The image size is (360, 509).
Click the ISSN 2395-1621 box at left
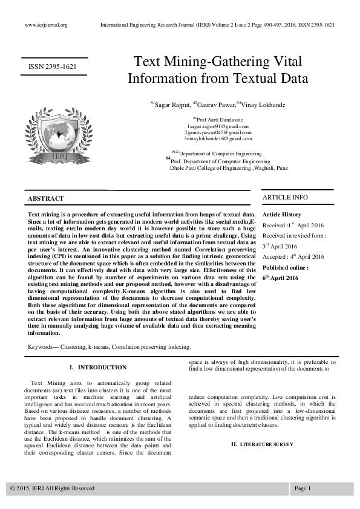53,66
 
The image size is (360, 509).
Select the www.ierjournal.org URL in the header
46,25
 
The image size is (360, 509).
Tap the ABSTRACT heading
46,198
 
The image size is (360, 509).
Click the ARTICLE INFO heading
285,198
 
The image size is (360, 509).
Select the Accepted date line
293,256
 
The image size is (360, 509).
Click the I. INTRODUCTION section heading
98,367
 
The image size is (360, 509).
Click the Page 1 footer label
303,488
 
